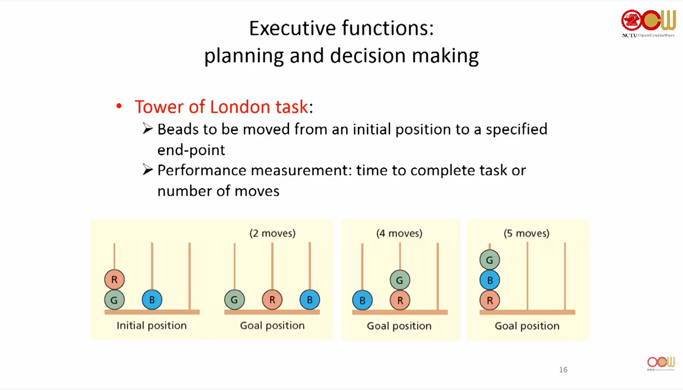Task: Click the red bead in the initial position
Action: pos(114,280)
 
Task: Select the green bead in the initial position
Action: pos(114,300)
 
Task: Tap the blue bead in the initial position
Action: pos(152,300)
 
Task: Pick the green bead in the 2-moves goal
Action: pos(234,300)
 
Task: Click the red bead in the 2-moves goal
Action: pos(272,300)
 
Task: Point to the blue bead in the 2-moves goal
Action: pos(310,300)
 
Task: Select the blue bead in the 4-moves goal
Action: pos(362,301)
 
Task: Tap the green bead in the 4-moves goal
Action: pos(400,280)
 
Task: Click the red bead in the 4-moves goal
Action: pos(400,301)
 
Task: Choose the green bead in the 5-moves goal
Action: pos(490,260)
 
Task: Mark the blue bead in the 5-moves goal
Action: pos(490,280)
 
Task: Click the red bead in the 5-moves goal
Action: pos(490,301)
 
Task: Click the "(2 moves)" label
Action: pos(272,233)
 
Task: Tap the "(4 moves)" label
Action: pos(399,233)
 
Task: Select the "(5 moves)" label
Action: pos(527,233)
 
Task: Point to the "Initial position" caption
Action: pos(152,325)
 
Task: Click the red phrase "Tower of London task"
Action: pos(221,107)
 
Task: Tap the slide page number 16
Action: pos(563,369)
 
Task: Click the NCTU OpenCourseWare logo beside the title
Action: pos(648,23)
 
